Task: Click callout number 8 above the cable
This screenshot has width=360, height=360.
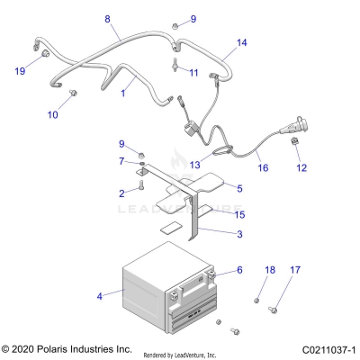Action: coord(108,19)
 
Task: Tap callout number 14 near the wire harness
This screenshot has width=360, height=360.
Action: coord(241,42)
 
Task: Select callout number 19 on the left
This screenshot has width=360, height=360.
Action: coord(20,70)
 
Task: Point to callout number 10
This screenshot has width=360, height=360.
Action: coord(52,114)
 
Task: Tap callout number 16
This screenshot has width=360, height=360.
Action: coord(263,167)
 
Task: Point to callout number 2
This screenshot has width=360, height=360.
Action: coord(121,193)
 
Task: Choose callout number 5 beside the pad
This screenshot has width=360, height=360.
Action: coord(239,187)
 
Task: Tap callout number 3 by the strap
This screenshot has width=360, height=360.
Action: coord(239,234)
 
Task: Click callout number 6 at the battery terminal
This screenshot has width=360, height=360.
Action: coord(239,270)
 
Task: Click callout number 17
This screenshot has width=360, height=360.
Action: coord(293,295)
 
